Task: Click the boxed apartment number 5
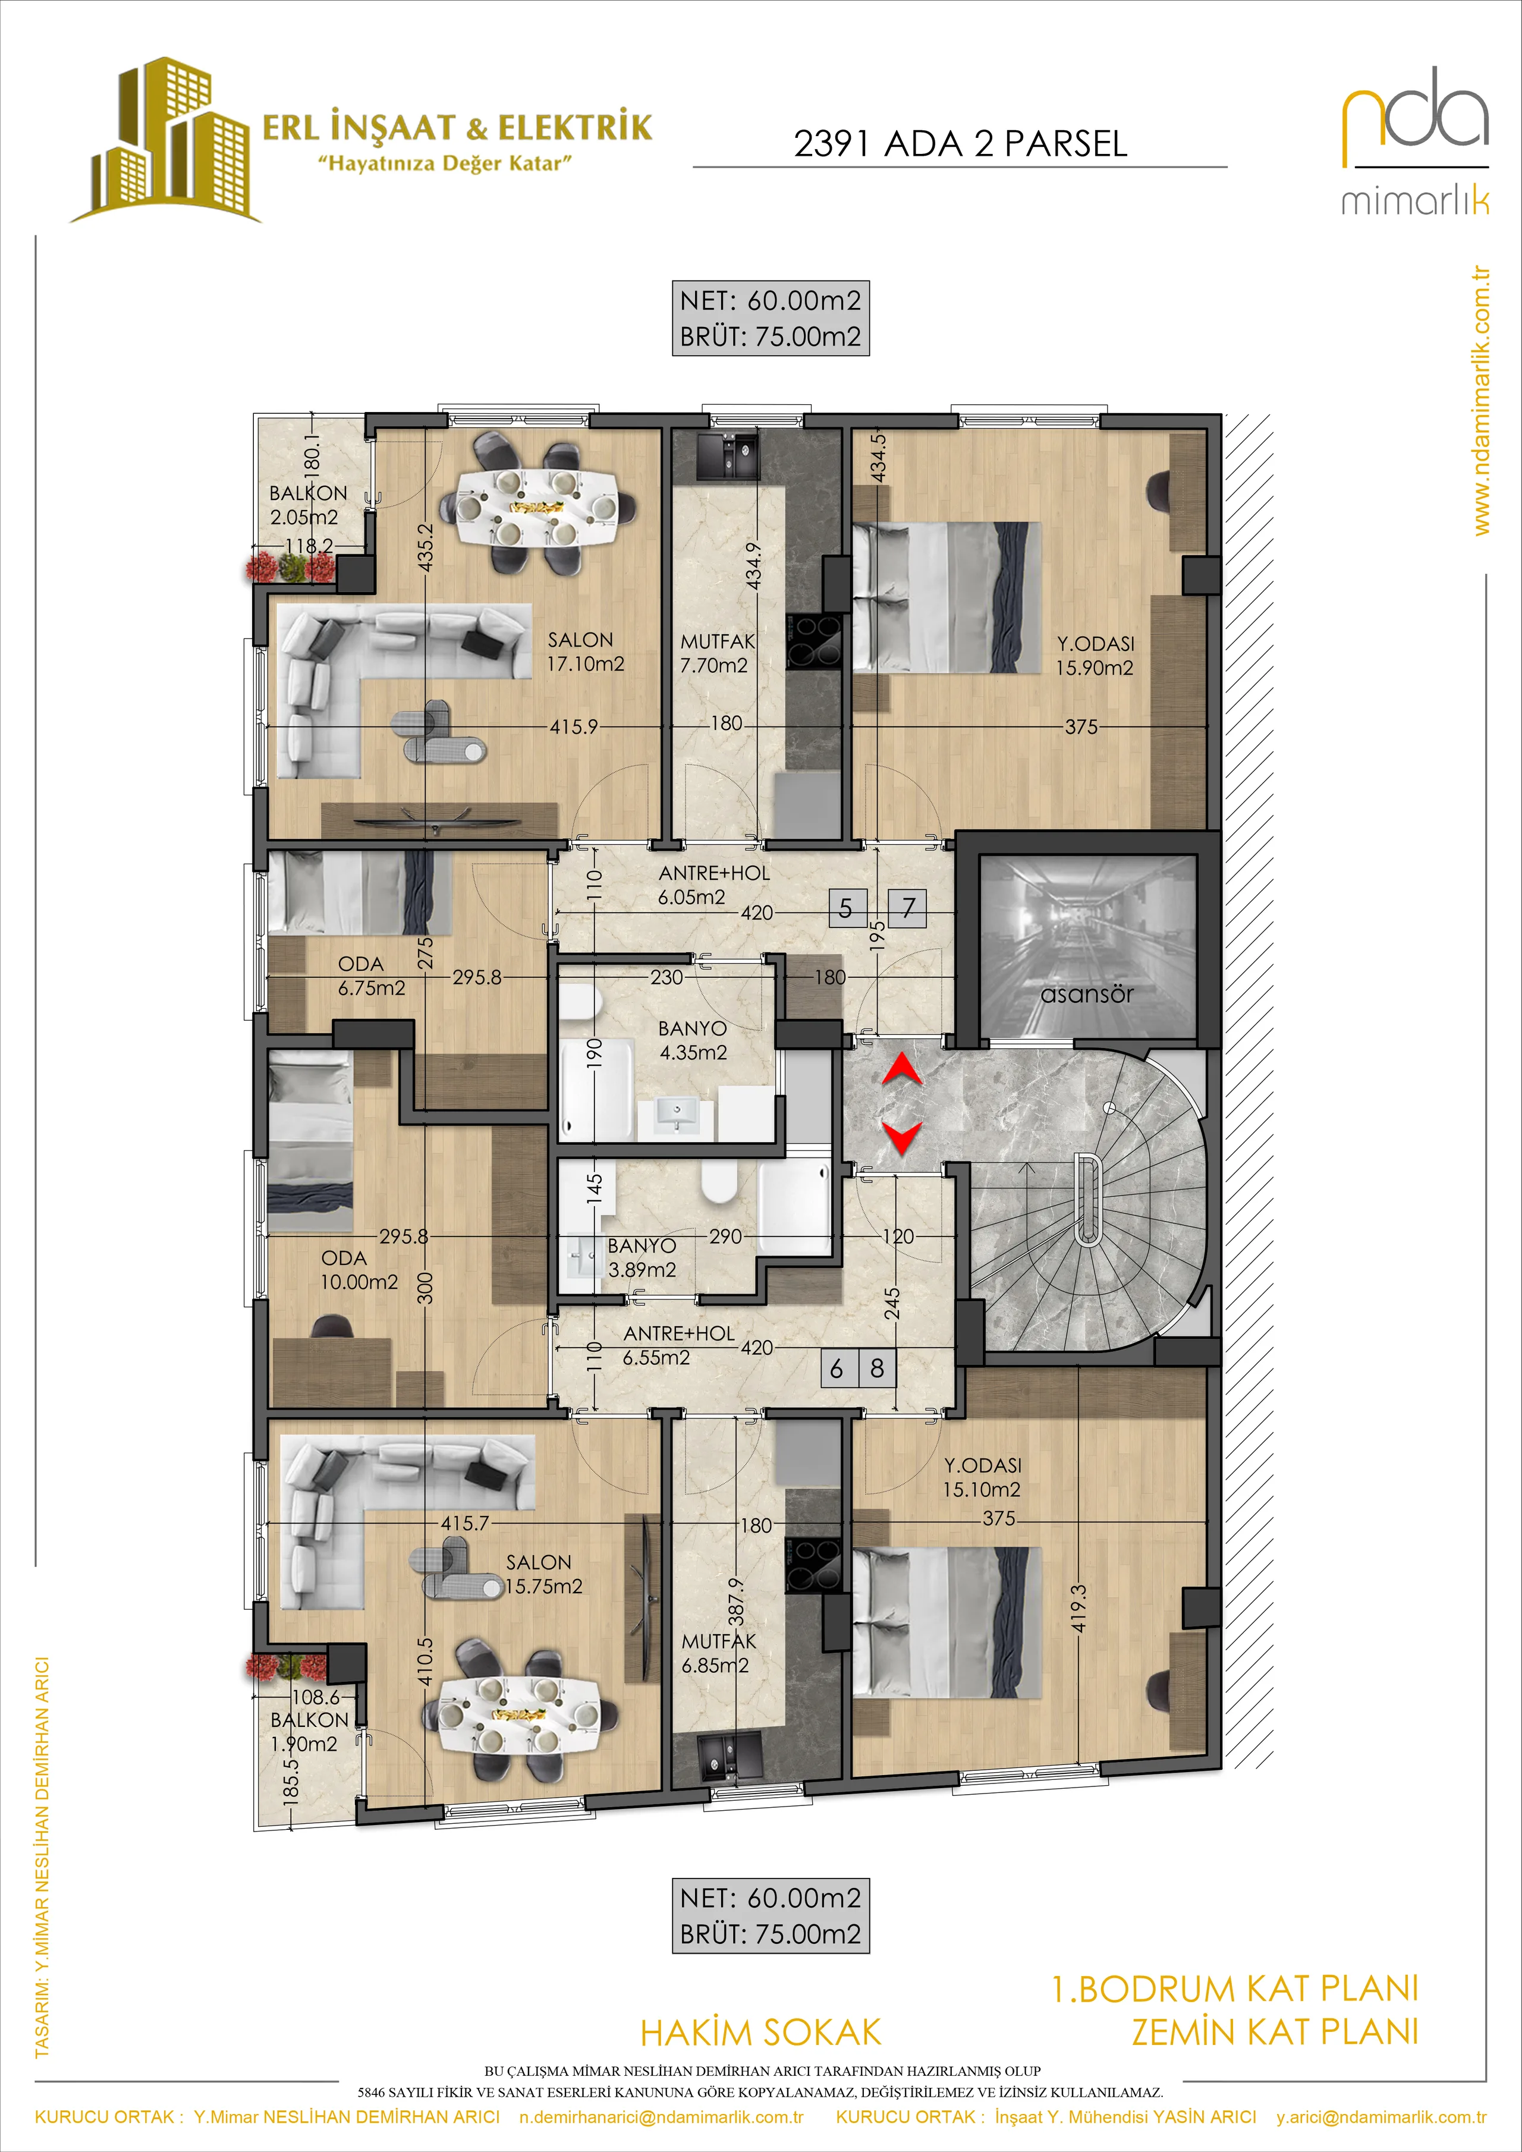pyautogui.click(x=846, y=908)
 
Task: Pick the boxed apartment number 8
pyautogui.click(x=877, y=1368)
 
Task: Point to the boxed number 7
pyautogui.click(x=907, y=908)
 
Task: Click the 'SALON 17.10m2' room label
pyautogui.click(x=586, y=652)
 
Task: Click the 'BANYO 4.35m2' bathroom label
pyautogui.click(x=693, y=1040)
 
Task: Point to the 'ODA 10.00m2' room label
pyautogui.click(x=359, y=1270)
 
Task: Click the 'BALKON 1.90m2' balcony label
pyautogui.click(x=309, y=1732)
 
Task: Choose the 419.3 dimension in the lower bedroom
pyautogui.click(x=1078, y=1609)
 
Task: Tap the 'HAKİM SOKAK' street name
pyautogui.click(x=761, y=2033)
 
